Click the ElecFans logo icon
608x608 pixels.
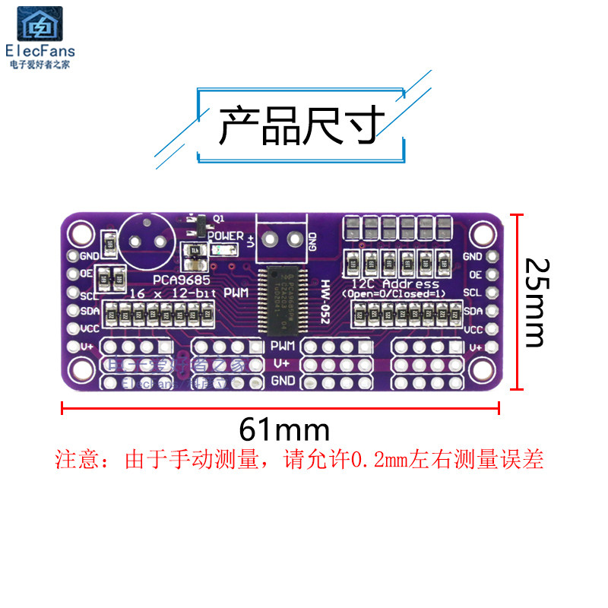[x=40, y=25]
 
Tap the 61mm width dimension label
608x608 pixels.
[x=284, y=430]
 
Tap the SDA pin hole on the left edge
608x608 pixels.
[x=74, y=311]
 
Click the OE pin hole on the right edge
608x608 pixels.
[x=492, y=274]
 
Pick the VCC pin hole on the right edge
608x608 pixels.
[x=492, y=329]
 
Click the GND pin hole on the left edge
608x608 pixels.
[x=74, y=256]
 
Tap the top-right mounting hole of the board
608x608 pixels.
[x=482, y=233]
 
